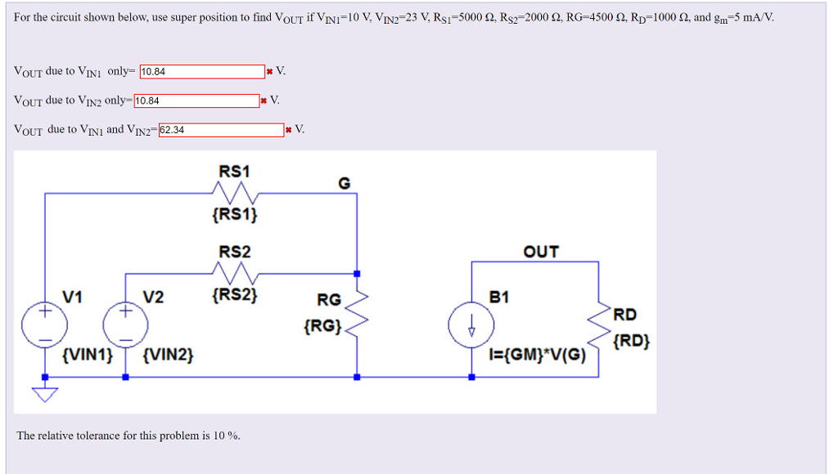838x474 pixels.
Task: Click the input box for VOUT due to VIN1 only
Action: pyautogui.click(x=202, y=72)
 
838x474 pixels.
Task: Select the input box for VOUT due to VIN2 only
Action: pyautogui.click(x=196, y=101)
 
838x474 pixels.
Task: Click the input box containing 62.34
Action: pyautogui.click(x=221, y=130)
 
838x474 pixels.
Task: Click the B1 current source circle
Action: pyautogui.click(x=471, y=325)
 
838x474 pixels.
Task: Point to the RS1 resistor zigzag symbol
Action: pyautogui.click(x=235, y=195)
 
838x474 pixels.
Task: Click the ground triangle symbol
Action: pyautogui.click(x=44, y=395)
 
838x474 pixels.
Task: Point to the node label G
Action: pyautogui.click(x=345, y=184)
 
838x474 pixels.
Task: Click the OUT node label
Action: pyautogui.click(x=541, y=252)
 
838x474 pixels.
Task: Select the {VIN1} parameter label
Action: pyautogui.click(x=87, y=355)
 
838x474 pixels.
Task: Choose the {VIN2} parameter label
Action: pyautogui.click(x=168, y=355)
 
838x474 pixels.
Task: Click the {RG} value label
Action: pyautogui.click(x=322, y=327)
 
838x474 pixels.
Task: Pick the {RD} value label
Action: pyautogui.click(x=633, y=341)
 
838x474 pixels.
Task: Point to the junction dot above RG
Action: pyautogui.click(x=358, y=274)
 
